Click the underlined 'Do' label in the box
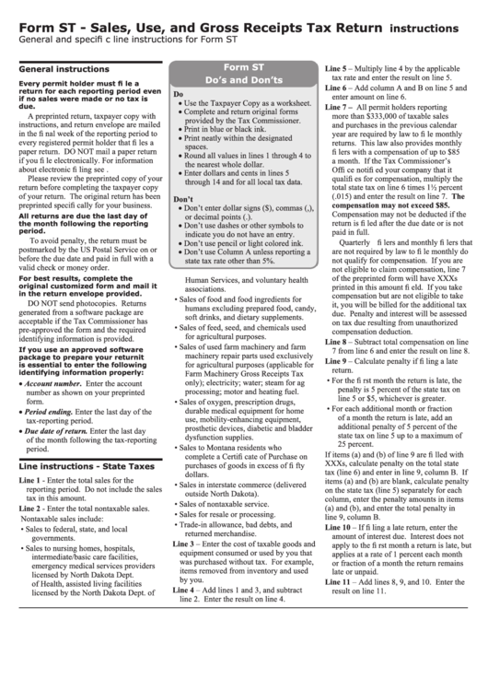click(179, 94)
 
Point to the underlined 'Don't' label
click(183, 199)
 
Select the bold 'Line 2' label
click(30, 509)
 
